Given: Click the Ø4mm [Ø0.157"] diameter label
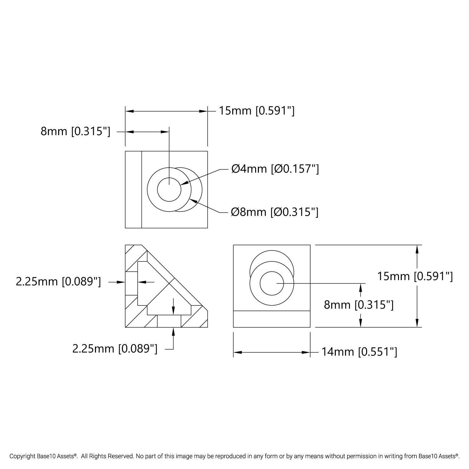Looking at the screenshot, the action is pyautogui.click(x=275, y=169).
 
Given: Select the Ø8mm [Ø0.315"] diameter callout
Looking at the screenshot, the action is pyautogui.click(x=275, y=212).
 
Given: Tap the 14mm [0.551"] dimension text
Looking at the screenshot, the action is pyautogui.click(x=360, y=352).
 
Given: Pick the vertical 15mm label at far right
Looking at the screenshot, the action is pyautogui.click(x=415, y=276).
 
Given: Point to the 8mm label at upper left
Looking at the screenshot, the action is pyautogui.click(x=75, y=131).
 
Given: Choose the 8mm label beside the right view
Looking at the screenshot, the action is pyautogui.click(x=359, y=305).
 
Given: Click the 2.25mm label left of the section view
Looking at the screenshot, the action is pyautogui.click(x=58, y=282).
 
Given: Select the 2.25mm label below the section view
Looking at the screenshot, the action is pyautogui.click(x=115, y=349).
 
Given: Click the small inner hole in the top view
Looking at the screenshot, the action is pyautogui.click(x=169, y=189).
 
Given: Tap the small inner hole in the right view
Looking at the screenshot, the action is pyautogui.click(x=272, y=284).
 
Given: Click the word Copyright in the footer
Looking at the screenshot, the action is pyautogui.click(x=23, y=456).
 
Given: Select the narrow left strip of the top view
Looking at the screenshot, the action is pyautogui.click(x=134, y=189).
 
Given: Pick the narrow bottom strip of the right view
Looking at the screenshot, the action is pyautogui.click(x=272, y=319).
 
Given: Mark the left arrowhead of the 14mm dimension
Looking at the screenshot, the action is pyautogui.click(x=238, y=352).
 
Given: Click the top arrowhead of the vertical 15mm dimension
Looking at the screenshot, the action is pyautogui.click(x=417, y=249).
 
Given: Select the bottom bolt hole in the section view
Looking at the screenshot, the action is pyautogui.click(x=169, y=321).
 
